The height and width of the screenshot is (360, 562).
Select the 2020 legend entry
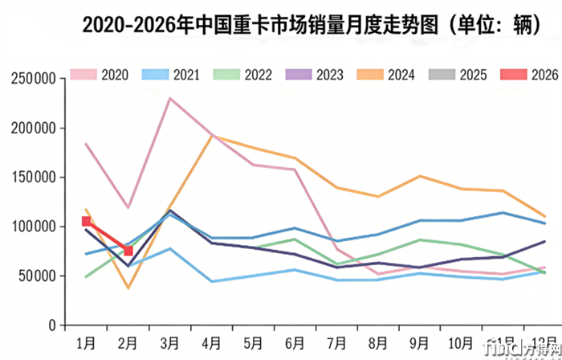coord(100,75)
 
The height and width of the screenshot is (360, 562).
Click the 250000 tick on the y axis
coord(31,79)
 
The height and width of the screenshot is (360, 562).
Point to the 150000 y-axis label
coord(31,178)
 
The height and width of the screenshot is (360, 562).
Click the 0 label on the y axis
coord(50,325)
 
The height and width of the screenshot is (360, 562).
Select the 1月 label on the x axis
coord(86,342)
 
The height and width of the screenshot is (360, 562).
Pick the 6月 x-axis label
coord(295,342)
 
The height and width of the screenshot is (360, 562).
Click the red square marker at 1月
coord(87,221)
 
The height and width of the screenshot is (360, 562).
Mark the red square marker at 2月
coord(128,251)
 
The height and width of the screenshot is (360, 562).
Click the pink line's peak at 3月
coord(169,99)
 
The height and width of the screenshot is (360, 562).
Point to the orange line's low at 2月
coord(128,288)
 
